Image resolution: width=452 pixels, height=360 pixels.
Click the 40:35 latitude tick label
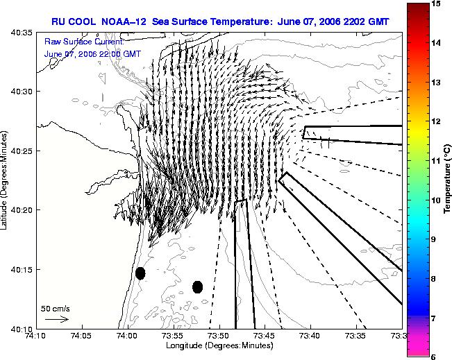pos(22,33)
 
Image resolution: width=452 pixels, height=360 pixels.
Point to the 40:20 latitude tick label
pos(22,210)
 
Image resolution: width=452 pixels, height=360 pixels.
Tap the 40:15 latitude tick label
pos(22,270)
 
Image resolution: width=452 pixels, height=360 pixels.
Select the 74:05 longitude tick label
pos(83,336)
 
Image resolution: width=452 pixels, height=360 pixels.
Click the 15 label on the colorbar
pos(435,3)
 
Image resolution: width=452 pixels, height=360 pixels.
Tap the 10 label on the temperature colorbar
pos(436,200)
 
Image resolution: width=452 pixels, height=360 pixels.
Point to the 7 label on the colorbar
pos(433,318)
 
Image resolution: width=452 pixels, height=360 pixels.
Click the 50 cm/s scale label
pos(56,309)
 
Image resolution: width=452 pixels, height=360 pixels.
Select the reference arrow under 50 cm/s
pos(57,319)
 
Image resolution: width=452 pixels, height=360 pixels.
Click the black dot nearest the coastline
pos(140,273)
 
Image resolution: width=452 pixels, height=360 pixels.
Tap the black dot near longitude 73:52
pos(197,287)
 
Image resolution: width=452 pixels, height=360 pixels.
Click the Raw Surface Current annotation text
pos(84,42)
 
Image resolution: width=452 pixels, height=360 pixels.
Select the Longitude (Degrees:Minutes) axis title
pos(219,345)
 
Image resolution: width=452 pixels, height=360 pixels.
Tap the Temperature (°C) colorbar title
pos(447,179)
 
